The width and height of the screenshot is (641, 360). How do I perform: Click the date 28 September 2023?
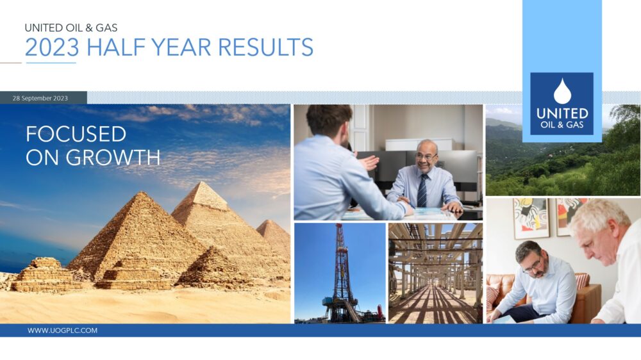[x=40, y=98]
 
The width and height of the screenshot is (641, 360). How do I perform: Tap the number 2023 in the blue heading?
[x=53, y=47]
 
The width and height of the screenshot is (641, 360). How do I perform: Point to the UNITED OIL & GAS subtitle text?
[x=71, y=28]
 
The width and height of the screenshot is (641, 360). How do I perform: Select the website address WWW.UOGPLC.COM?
[x=62, y=331]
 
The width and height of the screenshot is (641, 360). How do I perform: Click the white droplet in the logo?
[x=562, y=92]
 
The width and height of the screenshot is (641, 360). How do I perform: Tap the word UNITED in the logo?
[x=562, y=113]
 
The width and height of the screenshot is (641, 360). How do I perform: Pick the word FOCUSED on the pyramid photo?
[x=76, y=134]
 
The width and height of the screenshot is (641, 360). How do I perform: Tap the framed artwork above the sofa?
[x=530, y=218]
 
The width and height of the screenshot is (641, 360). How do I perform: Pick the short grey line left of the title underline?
[x=11, y=63]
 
